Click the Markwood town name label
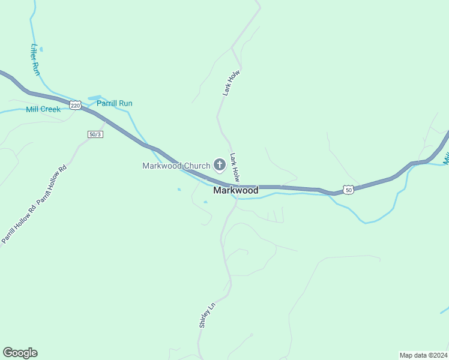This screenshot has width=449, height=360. tap(236, 190)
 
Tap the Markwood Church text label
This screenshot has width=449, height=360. tap(176, 166)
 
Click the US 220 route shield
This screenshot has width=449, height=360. tap(75, 105)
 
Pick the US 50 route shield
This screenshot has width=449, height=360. tap(349, 190)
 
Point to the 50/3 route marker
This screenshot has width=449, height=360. tap(95, 134)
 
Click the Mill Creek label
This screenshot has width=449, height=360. tap(43, 110)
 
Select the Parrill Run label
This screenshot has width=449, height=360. tap(115, 103)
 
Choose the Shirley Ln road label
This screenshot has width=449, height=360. tap(206, 315)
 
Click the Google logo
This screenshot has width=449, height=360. tap(20, 353)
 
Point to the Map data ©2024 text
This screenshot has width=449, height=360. tap(423, 355)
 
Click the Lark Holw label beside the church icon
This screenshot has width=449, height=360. tap(235, 167)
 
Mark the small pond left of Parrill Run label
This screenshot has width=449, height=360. tap(94, 98)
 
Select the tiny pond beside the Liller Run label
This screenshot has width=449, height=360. tap(40, 49)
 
